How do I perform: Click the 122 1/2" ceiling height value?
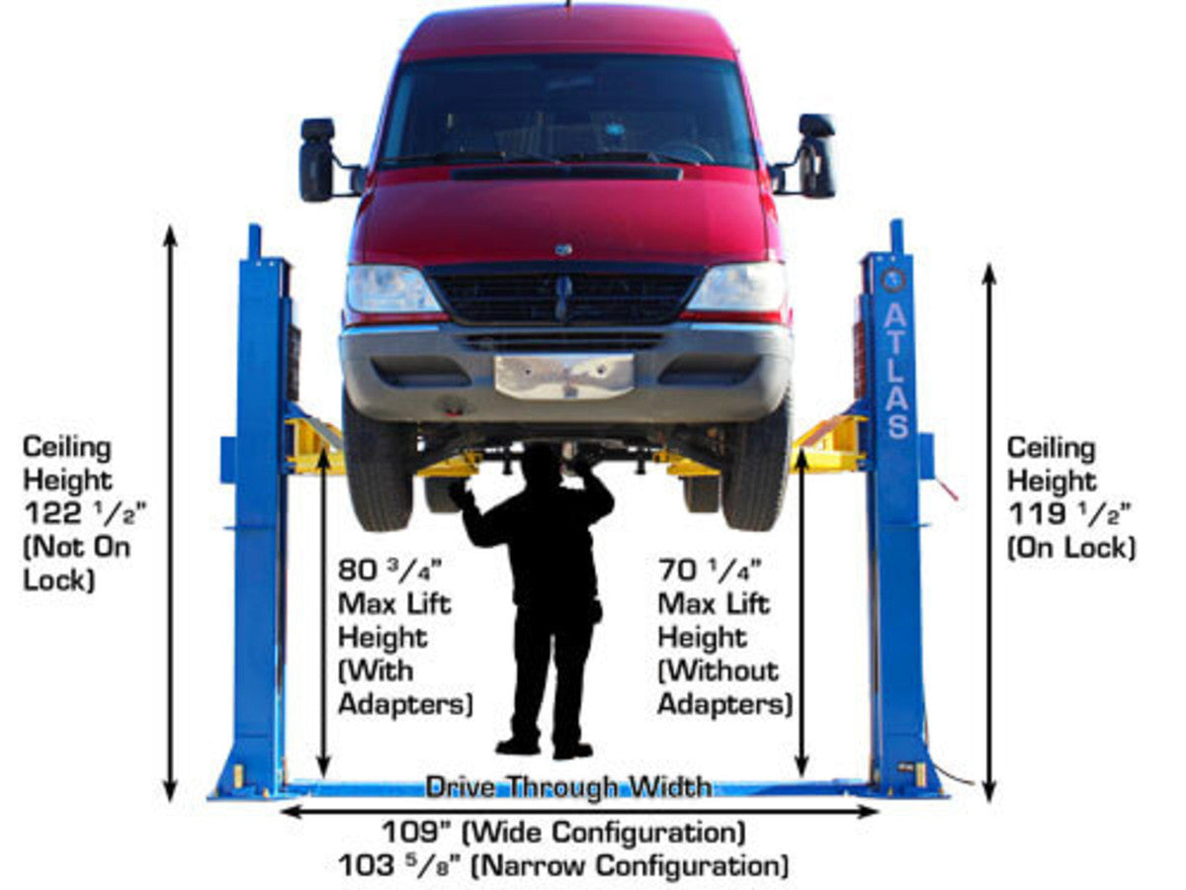(x=85, y=514)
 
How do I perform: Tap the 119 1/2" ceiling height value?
(x=1069, y=514)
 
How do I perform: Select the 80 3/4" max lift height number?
(x=389, y=571)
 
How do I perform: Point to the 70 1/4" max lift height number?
(x=710, y=571)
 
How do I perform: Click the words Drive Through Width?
(x=568, y=787)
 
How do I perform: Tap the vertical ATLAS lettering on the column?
(x=896, y=371)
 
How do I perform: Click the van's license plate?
(x=564, y=377)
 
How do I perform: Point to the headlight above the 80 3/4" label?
(x=392, y=289)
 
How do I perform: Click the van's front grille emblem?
(x=563, y=249)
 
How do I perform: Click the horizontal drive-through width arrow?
(x=578, y=811)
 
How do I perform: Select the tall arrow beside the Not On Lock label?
(x=170, y=513)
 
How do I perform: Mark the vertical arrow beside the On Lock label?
(x=989, y=533)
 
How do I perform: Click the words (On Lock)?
(x=1071, y=548)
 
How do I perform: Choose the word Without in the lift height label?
(x=720, y=671)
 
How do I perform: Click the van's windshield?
(x=566, y=111)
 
